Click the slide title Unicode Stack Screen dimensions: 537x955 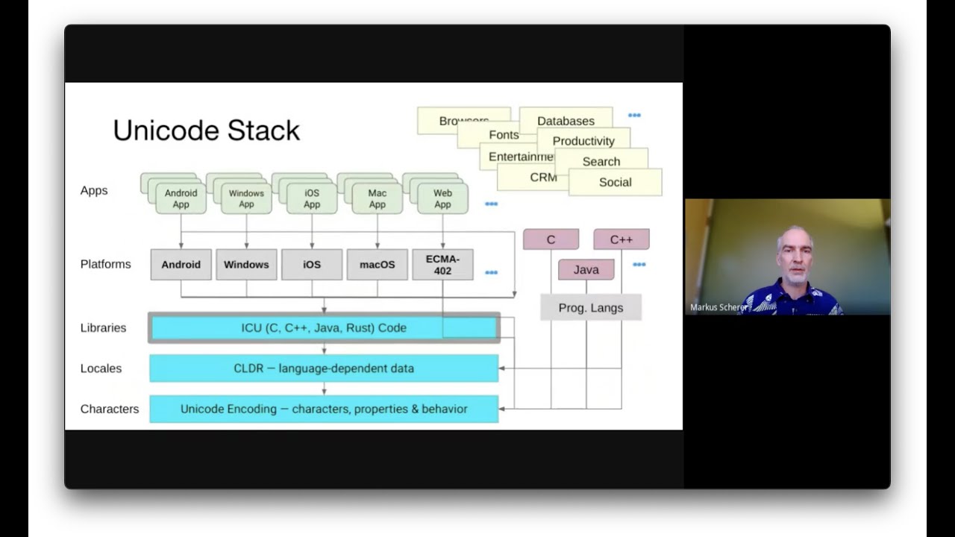tap(206, 131)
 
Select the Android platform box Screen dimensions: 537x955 tap(181, 265)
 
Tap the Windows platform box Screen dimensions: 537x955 tap(246, 265)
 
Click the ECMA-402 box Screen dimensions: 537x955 tap(442, 265)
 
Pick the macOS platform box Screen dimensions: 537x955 tap(378, 265)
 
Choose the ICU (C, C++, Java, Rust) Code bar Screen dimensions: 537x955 tap(324, 327)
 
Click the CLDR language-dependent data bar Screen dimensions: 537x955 tap(324, 368)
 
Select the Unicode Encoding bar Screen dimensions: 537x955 tap(324, 409)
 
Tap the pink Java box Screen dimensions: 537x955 tap(586, 270)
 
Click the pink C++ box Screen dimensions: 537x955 tap(621, 239)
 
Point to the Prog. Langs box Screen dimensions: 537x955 tap(591, 307)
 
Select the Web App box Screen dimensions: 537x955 tap(442, 199)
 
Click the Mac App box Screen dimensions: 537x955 tap(378, 199)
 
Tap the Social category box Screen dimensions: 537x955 tap(616, 182)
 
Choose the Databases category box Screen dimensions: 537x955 tap(566, 121)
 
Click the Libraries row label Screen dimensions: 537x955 tap(103, 327)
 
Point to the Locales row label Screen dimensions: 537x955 tap(101, 368)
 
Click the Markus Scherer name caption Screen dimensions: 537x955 tap(718, 307)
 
